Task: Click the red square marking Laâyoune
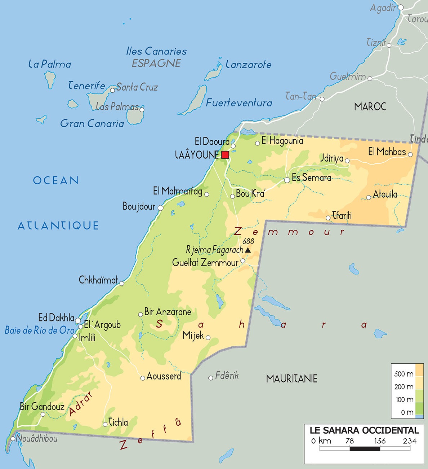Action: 225,155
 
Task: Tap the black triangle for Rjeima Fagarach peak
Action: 248,250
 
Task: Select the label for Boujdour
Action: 139,206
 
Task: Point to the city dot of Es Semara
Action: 287,180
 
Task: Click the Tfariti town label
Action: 342,216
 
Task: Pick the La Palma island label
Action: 50,64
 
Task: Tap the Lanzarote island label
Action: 249,65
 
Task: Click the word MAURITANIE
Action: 291,378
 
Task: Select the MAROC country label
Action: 370,106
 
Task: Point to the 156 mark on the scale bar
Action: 380,441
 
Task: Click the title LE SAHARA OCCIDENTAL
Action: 364,430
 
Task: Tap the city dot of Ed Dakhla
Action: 78,320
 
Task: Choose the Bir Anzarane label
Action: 168,312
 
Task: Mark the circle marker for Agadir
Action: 401,7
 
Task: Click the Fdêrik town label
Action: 227,376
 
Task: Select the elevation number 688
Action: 248,241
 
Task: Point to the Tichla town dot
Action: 105,424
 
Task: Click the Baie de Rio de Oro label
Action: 40,330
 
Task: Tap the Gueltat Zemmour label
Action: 205,262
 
